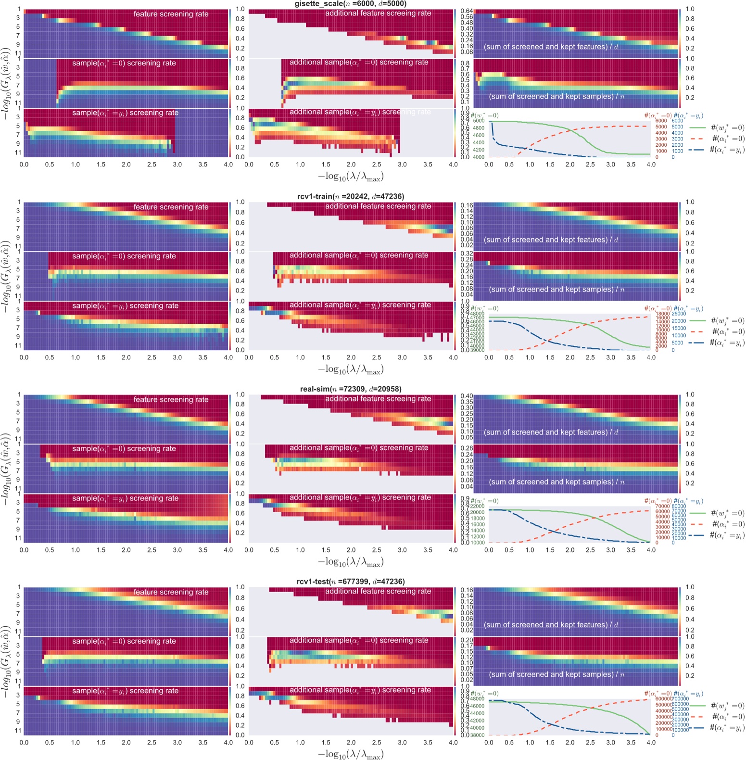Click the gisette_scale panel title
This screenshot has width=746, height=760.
pyautogui.click(x=350, y=4)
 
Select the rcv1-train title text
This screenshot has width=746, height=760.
pyautogui.click(x=350, y=196)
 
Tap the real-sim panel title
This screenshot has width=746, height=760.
pyautogui.click(x=350, y=389)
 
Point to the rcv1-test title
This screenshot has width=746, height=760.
pyautogui.click(x=350, y=582)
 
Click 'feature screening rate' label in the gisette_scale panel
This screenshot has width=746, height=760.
pyautogui.click(x=171, y=14)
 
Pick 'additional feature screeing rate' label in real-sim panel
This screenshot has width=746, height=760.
pyautogui.click(x=378, y=399)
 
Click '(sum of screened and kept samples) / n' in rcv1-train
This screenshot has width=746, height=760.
pyautogui.click(x=556, y=290)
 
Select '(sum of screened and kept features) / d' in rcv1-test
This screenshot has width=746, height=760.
pyautogui.click(x=551, y=625)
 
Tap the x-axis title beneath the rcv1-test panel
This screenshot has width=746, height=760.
pyautogui.click(x=351, y=754)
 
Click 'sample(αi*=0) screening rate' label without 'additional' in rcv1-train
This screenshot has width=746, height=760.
pyautogui.click(x=124, y=256)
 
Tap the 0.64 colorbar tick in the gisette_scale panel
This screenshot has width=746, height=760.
pyautogui.click(x=467, y=11)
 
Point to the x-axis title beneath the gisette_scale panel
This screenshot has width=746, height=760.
pyautogui.click(x=351, y=177)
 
